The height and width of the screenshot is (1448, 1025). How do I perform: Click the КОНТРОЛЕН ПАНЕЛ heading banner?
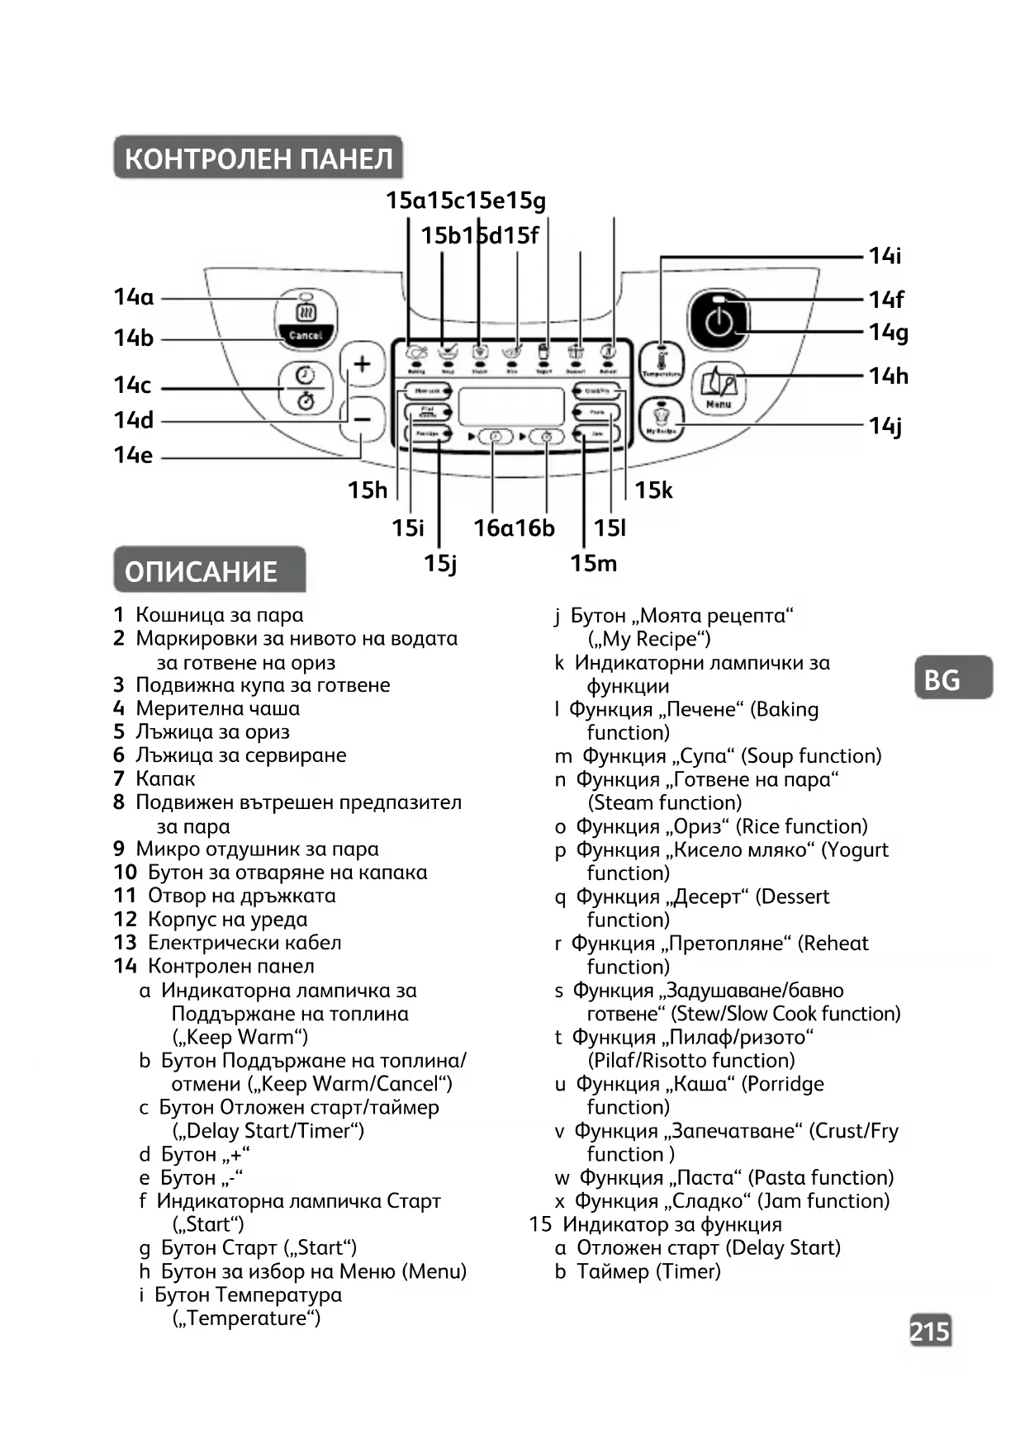(258, 158)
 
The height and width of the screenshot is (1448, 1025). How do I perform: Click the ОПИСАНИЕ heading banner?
(209, 570)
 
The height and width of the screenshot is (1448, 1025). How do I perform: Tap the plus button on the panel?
(362, 364)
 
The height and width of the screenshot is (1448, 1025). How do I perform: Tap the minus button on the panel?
(362, 419)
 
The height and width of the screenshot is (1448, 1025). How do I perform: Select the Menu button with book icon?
(718, 388)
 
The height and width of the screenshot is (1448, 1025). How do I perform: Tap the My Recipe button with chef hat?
(661, 419)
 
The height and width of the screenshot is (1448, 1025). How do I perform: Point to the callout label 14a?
(133, 297)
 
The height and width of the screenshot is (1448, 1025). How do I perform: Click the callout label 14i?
(885, 256)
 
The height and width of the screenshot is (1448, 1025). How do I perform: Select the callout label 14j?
(885, 426)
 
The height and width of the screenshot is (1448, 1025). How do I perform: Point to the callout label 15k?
(652, 490)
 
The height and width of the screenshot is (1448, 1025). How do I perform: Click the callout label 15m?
(593, 564)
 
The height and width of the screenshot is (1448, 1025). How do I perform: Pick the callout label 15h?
(367, 490)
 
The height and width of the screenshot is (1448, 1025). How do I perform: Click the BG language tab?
(952, 679)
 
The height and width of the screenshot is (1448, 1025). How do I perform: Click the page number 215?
(930, 1331)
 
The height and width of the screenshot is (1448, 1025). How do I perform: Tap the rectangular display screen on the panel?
(511, 406)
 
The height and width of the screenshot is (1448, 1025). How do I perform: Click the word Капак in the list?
(165, 778)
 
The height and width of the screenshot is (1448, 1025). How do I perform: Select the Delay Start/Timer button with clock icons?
(306, 387)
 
